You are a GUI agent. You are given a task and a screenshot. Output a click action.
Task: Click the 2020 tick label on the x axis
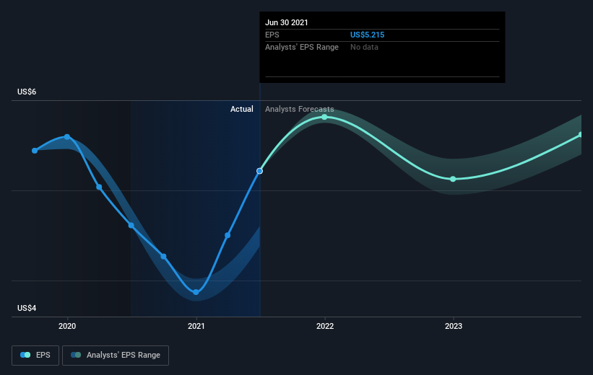[67, 326]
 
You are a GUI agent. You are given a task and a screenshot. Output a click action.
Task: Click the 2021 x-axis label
[196, 326]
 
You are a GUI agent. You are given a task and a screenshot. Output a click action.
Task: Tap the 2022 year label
[325, 326]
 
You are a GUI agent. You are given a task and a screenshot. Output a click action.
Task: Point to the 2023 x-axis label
[454, 326]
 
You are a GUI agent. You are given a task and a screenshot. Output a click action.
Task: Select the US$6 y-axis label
[27, 92]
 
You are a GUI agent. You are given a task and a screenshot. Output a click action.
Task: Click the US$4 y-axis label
[27, 308]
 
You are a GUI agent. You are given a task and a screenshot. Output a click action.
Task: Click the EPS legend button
[35, 356]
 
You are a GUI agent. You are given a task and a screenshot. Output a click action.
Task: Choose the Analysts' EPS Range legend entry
[116, 356]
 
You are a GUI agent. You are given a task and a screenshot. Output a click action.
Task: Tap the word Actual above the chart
[242, 109]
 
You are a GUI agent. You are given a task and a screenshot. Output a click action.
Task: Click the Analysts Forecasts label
[300, 109]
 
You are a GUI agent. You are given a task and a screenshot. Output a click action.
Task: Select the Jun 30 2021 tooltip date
[286, 22]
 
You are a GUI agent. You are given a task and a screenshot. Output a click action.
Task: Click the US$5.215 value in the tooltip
[367, 35]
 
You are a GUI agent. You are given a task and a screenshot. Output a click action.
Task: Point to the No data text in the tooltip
[364, 47]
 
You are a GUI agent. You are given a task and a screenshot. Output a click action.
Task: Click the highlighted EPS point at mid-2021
[259, 171]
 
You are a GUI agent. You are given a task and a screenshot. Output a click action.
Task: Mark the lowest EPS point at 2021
[196, 292]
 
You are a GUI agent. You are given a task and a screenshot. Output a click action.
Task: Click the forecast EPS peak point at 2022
[324, 117]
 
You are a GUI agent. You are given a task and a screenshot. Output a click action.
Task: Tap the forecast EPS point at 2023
[453, 179]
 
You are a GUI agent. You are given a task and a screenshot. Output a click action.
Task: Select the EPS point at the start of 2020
[67, 137]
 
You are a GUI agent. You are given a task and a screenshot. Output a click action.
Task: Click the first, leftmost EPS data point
[35, 151]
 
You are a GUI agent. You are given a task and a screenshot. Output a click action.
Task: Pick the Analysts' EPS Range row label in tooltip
[302, 47]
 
